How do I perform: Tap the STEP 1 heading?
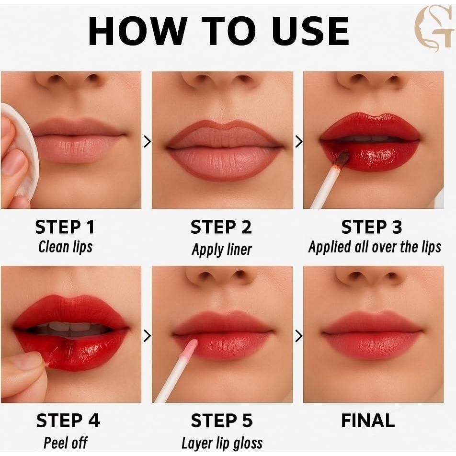point(65,227)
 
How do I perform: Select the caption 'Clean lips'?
point(65,247)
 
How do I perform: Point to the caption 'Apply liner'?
point(221,249)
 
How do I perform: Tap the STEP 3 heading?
point(371,227)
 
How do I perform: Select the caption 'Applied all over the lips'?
point(375,247)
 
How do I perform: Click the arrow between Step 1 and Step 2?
point(147,141)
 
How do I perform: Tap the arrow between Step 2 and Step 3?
point(298,141)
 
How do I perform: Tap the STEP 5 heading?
point(221,421)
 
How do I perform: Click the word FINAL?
point(368,421)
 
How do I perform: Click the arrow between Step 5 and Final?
point(298,336)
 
